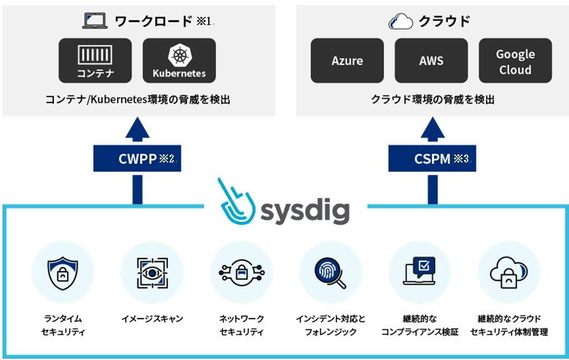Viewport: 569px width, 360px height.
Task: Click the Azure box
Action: click(348, 61)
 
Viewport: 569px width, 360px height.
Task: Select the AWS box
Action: click(431, 61)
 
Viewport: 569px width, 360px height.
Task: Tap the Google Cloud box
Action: click(515, 61)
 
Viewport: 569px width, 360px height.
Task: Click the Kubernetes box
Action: click(179, 61)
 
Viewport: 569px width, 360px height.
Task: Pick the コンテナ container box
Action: click(96, 61)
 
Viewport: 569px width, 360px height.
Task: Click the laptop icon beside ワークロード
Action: click(95, 21)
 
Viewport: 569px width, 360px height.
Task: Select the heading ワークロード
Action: click(153, 21)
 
